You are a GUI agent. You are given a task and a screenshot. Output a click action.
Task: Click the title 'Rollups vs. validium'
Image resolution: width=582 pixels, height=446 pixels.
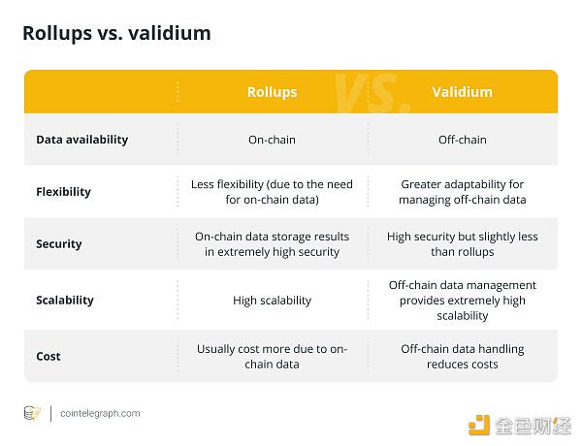click(x=116, y=33)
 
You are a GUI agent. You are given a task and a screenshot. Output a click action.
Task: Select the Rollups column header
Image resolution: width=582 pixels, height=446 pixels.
click(x=272, y=92)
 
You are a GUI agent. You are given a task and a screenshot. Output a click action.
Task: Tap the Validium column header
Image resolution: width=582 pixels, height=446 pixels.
click(x=462, y=92)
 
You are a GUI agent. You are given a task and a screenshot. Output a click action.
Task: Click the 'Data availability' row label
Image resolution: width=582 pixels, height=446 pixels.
click(x=82, y=140)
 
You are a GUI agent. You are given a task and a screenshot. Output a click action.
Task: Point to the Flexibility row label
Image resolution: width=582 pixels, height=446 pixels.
click(x=63, y=192)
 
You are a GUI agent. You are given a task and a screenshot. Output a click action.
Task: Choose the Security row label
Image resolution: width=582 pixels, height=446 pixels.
click(x=59, y=243)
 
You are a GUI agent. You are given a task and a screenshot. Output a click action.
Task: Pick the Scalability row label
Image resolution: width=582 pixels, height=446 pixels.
click(x=65, y=300)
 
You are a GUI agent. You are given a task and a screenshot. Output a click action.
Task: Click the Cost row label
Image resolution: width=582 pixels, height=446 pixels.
click(x=48, y=356)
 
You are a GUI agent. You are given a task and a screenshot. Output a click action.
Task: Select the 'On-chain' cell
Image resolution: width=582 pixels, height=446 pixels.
click(x=272, y=140)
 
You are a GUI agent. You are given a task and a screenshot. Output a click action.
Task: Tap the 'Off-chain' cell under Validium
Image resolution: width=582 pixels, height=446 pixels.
click(x=462, y=140)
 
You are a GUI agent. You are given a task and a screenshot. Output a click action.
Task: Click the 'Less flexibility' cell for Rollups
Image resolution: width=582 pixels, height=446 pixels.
click(x=272, y=192)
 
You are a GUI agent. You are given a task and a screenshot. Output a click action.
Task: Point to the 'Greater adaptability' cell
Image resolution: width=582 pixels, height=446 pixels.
click(x=462, y=192)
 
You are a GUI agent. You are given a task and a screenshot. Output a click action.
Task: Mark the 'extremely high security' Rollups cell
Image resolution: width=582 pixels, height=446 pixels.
click(x=272, y=244)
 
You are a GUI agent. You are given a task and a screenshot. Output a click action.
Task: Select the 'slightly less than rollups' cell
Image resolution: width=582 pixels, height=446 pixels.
click(x=462, y=244)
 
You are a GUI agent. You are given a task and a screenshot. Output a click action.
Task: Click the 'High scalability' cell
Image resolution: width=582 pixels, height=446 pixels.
click(x=272, y=301)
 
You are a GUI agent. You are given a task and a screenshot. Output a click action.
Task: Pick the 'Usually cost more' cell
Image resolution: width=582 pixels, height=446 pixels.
click(x=272, y=357)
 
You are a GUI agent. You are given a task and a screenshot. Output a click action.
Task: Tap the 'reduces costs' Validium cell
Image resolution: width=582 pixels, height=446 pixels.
click(x=462, y=357)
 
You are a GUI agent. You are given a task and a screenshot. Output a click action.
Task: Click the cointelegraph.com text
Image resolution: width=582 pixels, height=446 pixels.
click(x=100, y=413)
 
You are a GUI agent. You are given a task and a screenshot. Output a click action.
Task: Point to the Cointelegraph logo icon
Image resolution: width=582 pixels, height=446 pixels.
click(x=32, y=413)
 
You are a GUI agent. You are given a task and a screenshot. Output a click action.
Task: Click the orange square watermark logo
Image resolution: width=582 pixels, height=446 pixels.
click(x=479, y=426)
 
